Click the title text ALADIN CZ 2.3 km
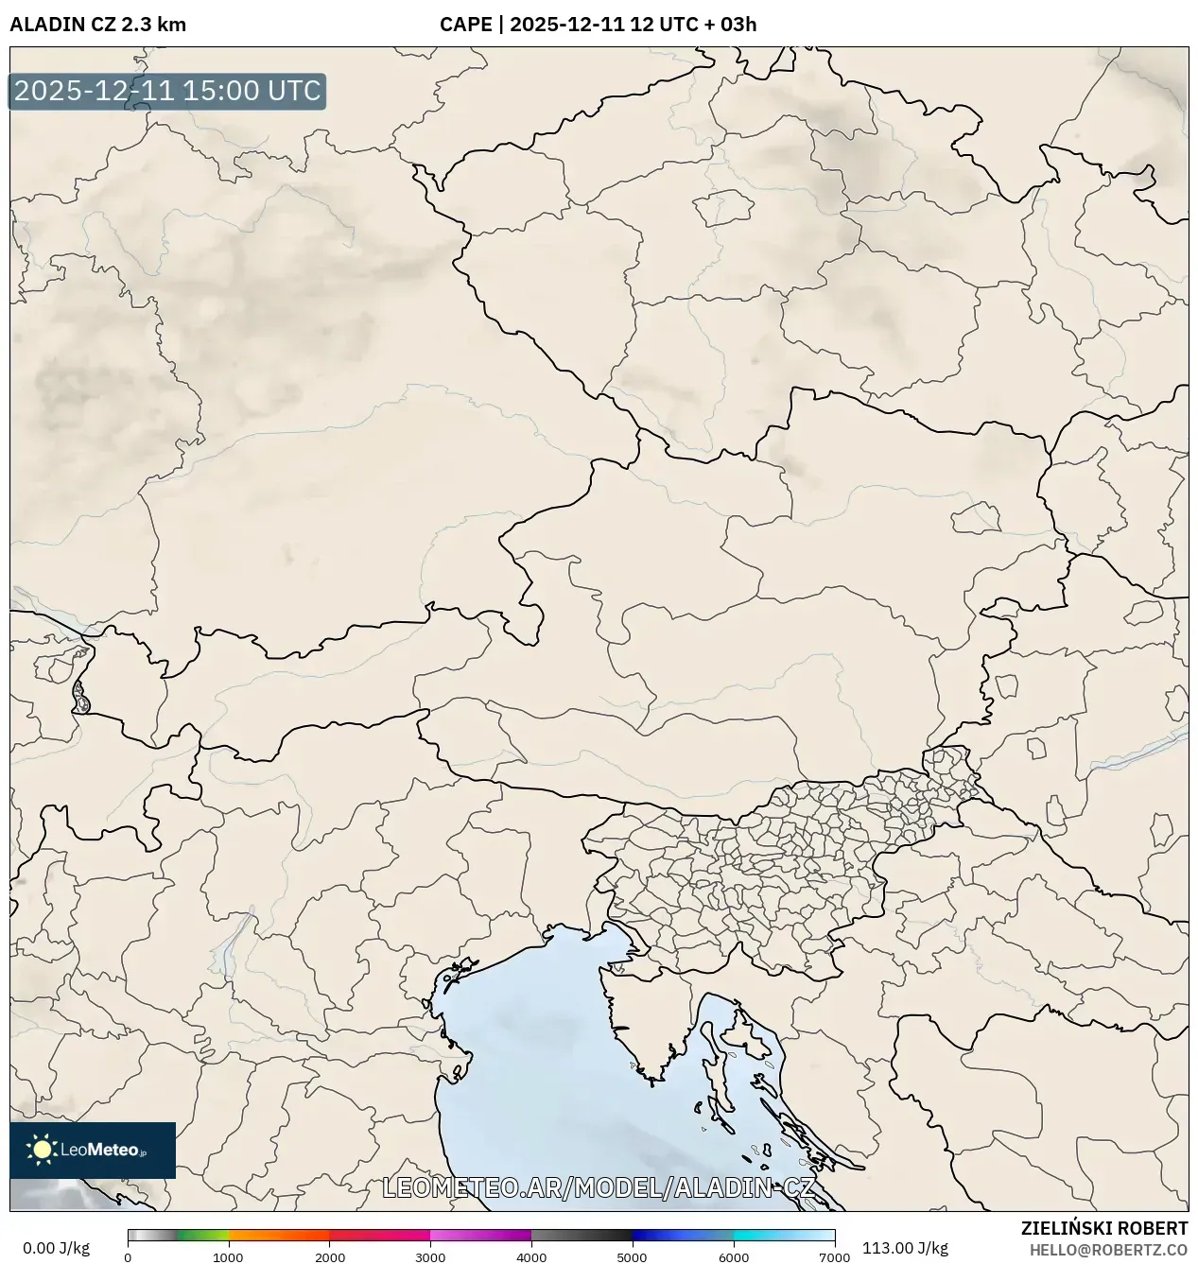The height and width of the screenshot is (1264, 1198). (97, 25)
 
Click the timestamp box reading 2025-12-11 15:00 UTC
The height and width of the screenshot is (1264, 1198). (167, 92)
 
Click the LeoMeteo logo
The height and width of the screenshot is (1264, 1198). (93, 1150)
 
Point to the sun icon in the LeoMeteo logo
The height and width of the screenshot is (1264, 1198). (42, 1150)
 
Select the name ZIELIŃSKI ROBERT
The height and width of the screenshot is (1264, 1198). (1103, 1228)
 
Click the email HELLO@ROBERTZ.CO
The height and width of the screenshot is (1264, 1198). (1108, 1250)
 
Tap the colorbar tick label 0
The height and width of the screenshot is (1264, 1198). (128, 1257)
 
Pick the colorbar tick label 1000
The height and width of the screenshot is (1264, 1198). (228, 1257)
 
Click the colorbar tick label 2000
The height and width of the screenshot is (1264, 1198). (329, 1257)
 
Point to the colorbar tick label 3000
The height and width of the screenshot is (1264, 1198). (430, 1257)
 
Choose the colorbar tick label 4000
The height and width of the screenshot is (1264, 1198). (531, 1257)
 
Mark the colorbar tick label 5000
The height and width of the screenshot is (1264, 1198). (632, 1257)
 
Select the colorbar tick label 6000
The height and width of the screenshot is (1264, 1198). (733, 1257)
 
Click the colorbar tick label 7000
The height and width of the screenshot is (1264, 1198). (834, 1257)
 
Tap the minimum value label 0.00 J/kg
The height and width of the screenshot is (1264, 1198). (56, 1248)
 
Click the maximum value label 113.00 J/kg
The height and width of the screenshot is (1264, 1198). (905, 1248)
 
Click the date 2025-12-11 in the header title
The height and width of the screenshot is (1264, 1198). (566, 25)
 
